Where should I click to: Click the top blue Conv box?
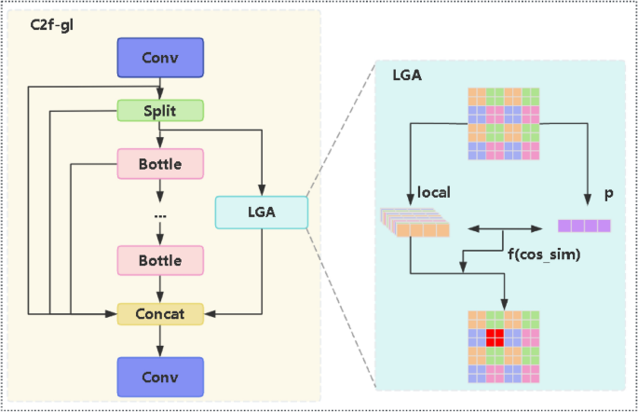click(160, 58)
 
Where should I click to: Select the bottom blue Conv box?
click(160, 378)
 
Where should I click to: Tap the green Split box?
click(160, 110)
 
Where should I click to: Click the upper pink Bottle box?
click(160, 163)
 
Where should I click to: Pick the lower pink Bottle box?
click(160, 261)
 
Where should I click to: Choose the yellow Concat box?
click(160, 314)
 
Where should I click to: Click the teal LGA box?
click(260, 213)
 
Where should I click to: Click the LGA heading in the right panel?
click(408, 74)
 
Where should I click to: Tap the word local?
click(435, 193)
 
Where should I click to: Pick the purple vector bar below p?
click(584, 226)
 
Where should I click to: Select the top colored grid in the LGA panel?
click(504, 123)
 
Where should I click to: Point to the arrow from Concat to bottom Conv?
click(160, 341)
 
